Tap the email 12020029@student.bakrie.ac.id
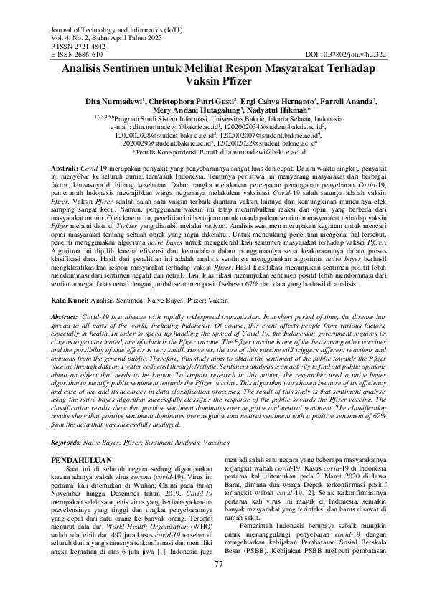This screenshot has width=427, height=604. pos(161,143)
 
